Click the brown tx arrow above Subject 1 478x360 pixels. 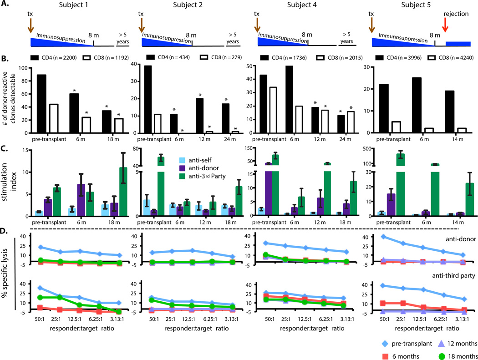pos(31,25)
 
